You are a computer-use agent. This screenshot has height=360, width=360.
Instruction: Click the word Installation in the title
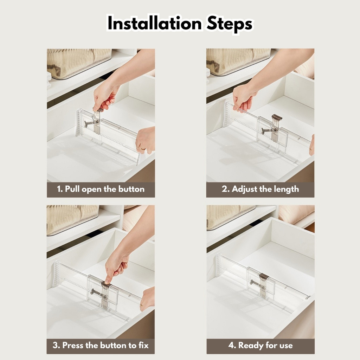155,24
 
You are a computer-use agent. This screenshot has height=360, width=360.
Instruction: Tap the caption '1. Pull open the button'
101,189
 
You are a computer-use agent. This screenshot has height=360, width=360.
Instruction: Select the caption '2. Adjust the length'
261,189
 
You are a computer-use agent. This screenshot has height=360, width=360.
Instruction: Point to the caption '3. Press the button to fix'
101,345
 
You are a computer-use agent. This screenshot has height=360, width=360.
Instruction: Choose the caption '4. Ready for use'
261,345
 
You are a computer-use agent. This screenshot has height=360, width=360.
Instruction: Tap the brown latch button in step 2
277,117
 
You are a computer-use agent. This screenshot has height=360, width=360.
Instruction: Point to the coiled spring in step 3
96,292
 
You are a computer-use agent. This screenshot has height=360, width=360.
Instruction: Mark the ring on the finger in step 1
142,148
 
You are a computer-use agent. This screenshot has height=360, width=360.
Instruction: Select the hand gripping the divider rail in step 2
243,96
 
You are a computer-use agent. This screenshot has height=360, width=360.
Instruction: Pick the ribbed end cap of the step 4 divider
218,268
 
